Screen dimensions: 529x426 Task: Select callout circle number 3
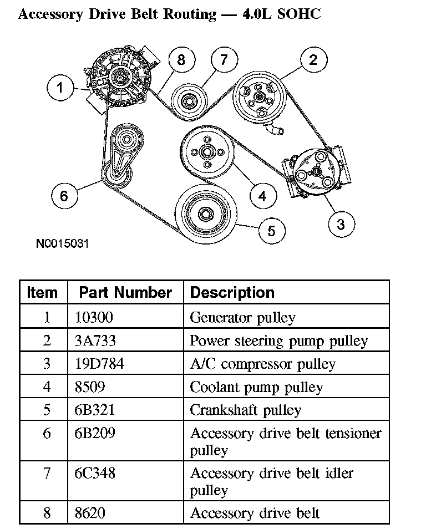tap(341, 223)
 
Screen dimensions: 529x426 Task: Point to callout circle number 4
tap(262, 195)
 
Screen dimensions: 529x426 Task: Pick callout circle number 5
tap(271, 230)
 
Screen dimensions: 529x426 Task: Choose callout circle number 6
tap(64, 196)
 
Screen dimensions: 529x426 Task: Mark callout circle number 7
tap(224, 59)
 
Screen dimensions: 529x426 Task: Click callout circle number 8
tap(181, 59)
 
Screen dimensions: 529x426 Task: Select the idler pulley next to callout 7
tap(186, 100)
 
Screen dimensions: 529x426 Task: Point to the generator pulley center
tap(118, 77)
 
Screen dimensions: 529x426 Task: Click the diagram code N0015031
tap(62, 243)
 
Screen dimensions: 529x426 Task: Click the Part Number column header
tap(125, 292)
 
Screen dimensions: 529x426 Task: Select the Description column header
tap(232, 292)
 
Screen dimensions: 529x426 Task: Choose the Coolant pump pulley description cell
tap(256, 387)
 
